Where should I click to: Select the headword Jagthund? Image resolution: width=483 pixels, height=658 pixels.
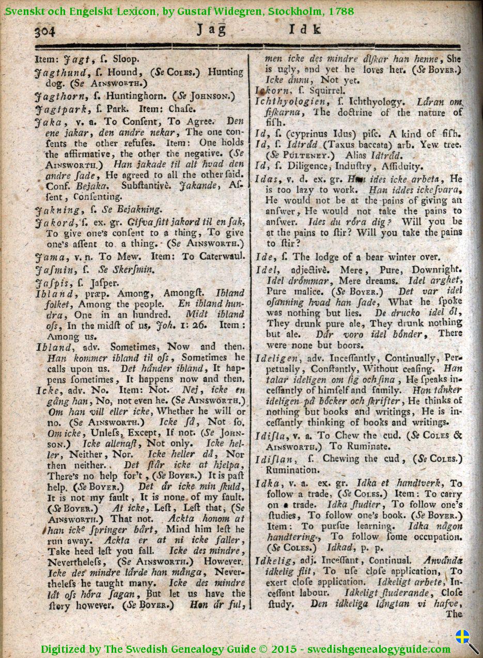(56, 72)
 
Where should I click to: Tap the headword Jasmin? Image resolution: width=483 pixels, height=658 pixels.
(53, 269)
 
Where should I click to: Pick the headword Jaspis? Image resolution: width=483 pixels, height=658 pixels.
(51, 283)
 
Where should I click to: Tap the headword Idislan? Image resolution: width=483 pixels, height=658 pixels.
(277, 459)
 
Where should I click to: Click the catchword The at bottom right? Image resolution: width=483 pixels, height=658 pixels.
(454, 614)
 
